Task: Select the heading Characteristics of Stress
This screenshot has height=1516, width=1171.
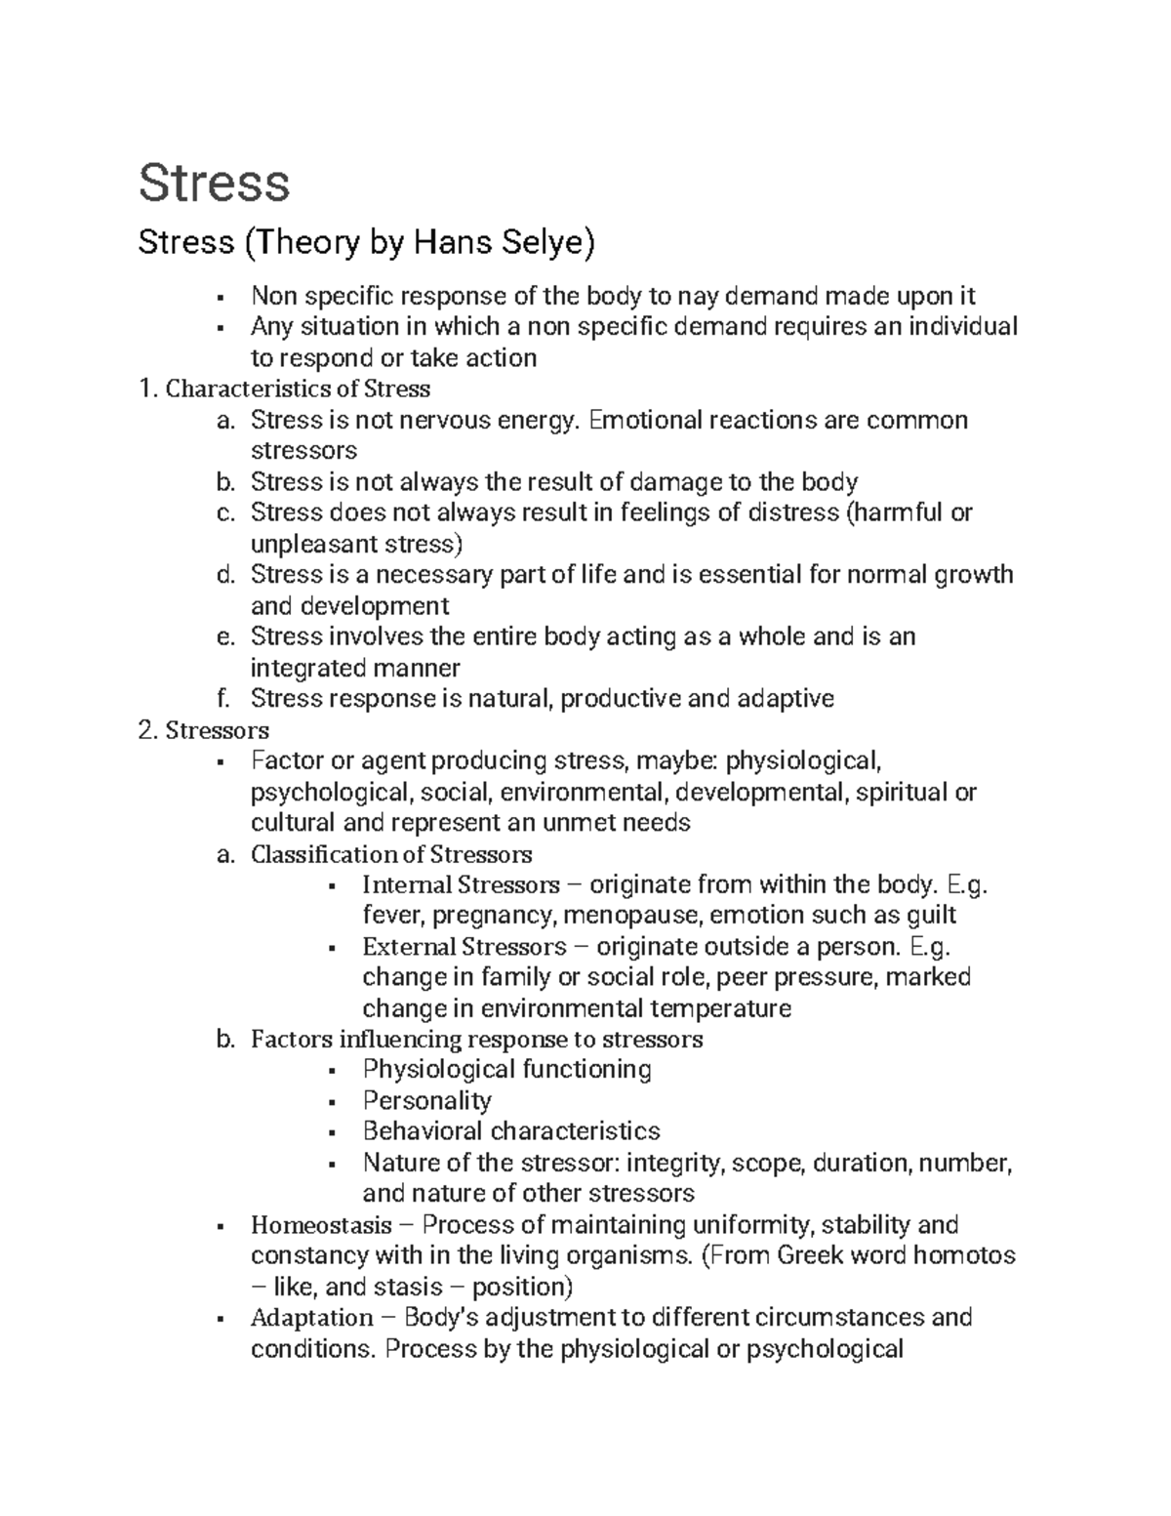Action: [x=298, y=389]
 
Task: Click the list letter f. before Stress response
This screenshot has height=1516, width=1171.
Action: [x=224, y=699]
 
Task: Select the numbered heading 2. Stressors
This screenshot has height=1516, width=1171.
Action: [x=204, y=730]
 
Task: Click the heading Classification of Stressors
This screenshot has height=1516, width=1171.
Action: [x=391, y=854]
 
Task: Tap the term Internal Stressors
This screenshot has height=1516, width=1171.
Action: [x=461, y=885]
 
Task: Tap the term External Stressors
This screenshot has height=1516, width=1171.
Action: [x=464, y=947]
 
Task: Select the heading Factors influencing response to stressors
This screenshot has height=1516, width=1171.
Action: [x=476, y=1039]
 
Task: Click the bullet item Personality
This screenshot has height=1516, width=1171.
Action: [x=426, y=1101]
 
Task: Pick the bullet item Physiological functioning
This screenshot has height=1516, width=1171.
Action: [x=506, y=1070]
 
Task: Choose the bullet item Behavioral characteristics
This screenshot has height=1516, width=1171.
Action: [x=511, y=1131]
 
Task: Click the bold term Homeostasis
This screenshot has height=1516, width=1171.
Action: [x=321, y=1225]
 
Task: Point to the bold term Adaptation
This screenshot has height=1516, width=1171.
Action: [x=312, y=1318]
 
